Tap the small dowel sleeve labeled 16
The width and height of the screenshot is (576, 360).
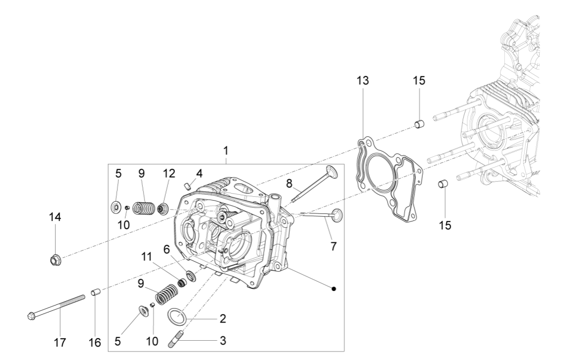pos(95,293)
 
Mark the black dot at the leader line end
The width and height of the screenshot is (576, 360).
pos(334,288)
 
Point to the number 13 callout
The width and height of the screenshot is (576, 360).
pos(363,81)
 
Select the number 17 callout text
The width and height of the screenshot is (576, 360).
pos(60,343)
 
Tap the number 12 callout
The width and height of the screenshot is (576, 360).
pos(169,173)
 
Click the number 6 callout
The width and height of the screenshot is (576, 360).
pos(166,250)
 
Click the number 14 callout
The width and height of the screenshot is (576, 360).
pos(55,217)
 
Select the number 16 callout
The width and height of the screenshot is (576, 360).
pos(94,343)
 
